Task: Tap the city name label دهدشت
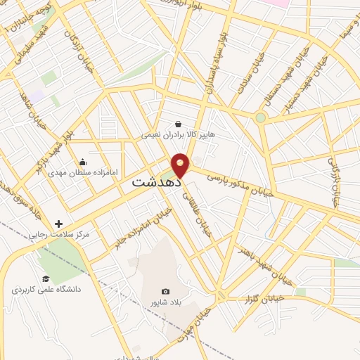(x=156, y=181)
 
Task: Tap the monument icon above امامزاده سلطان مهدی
(x=83, y=162)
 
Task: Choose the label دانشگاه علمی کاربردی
(x=41, y=289)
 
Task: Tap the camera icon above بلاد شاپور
(x=165, y=291)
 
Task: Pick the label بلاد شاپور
(x=165, y=302)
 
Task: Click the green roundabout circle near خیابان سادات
(x=261, y=117)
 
